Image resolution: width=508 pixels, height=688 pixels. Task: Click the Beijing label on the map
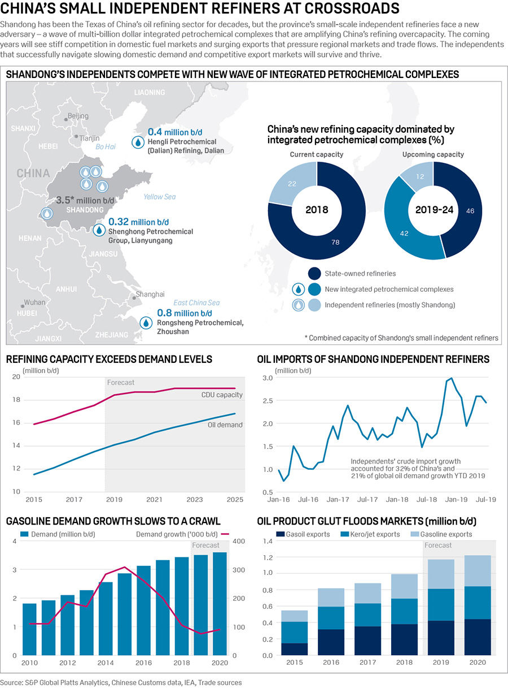click(78, 116)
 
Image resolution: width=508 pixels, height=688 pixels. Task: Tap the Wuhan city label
click(34, 302)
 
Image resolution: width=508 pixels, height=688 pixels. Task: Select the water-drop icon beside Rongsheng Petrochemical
click(147, 322)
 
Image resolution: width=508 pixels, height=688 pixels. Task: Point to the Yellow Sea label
click(159, 197)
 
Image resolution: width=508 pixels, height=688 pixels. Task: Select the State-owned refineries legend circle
click(315, 274)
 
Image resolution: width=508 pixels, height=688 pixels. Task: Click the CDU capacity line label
click(222, 395)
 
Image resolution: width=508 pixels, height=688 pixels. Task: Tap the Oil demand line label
click(224, 425)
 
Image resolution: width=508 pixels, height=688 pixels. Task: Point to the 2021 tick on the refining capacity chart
click(154, 500)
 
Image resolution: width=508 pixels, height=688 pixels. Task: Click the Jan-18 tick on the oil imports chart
click(400, 500)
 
